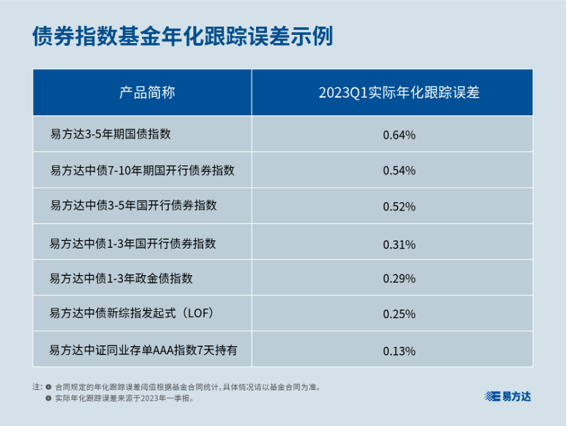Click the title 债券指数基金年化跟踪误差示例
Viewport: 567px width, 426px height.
click(182, 38)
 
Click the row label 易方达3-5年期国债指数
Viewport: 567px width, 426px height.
click(111, 134)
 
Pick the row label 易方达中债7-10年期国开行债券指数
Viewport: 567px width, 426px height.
click(142, 170)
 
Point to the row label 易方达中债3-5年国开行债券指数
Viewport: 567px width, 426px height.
click(133, 205)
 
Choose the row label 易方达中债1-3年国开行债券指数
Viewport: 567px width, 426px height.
click(133, 243)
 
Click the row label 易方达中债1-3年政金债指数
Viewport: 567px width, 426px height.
click(122, 279)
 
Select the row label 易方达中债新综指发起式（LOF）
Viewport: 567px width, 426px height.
click(133, 314)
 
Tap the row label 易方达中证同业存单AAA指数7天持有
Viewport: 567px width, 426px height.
click(143, 350)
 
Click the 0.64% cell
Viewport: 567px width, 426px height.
click(399, 134)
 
